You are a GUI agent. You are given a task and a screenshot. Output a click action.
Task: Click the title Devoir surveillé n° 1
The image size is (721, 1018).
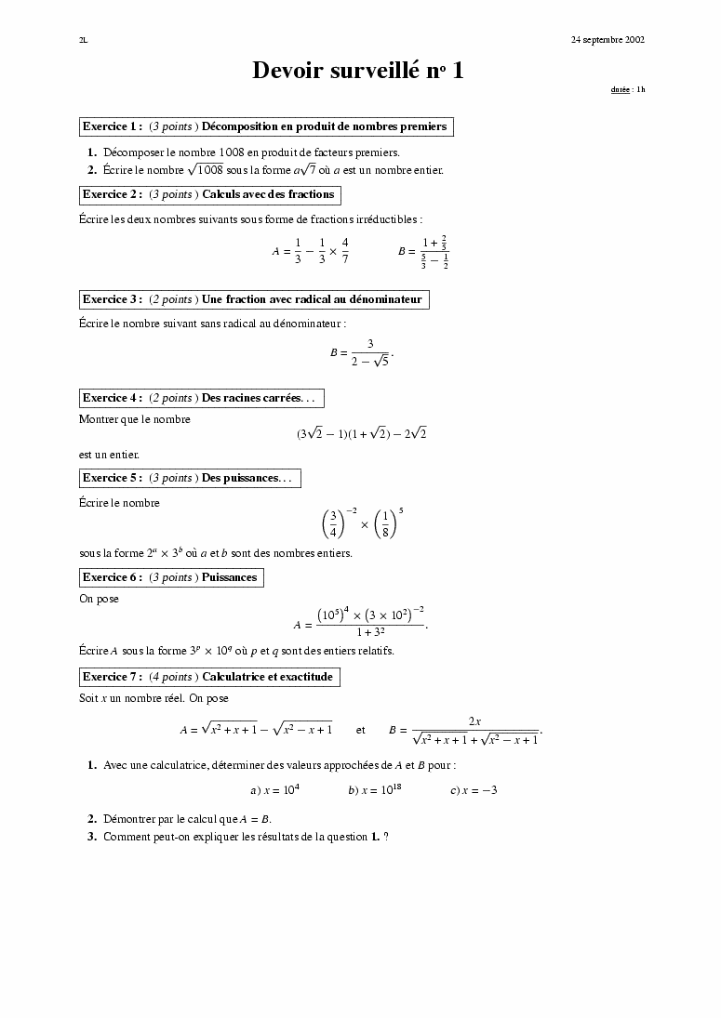[358, 71]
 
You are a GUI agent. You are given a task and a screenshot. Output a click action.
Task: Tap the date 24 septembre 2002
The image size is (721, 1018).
[608, 40]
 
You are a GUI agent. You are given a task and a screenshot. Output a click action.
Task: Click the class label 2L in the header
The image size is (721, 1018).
[84, 40]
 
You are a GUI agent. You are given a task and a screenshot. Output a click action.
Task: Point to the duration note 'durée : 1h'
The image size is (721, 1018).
[627, 90]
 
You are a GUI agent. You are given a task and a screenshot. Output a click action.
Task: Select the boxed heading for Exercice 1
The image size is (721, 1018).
[267, 126]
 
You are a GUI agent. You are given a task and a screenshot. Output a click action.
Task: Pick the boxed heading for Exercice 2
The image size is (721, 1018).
[210, 195]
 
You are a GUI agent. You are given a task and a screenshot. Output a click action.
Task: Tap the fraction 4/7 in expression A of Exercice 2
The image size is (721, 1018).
[344, 251]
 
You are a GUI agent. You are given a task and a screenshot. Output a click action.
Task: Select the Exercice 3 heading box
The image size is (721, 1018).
[254, 299]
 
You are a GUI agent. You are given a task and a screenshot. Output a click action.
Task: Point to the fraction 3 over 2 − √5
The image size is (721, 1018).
[369, 352]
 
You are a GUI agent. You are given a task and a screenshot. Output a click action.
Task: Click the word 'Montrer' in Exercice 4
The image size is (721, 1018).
[98, 419]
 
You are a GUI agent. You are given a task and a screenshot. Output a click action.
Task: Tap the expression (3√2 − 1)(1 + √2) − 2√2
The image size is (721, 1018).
[361, 433]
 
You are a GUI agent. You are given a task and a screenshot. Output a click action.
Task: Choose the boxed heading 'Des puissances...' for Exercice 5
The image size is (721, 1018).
[190, 478]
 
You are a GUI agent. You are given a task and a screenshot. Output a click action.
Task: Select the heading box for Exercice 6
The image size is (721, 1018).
[171, 577]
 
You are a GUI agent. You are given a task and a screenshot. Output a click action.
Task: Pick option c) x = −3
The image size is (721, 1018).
[474, 790]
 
